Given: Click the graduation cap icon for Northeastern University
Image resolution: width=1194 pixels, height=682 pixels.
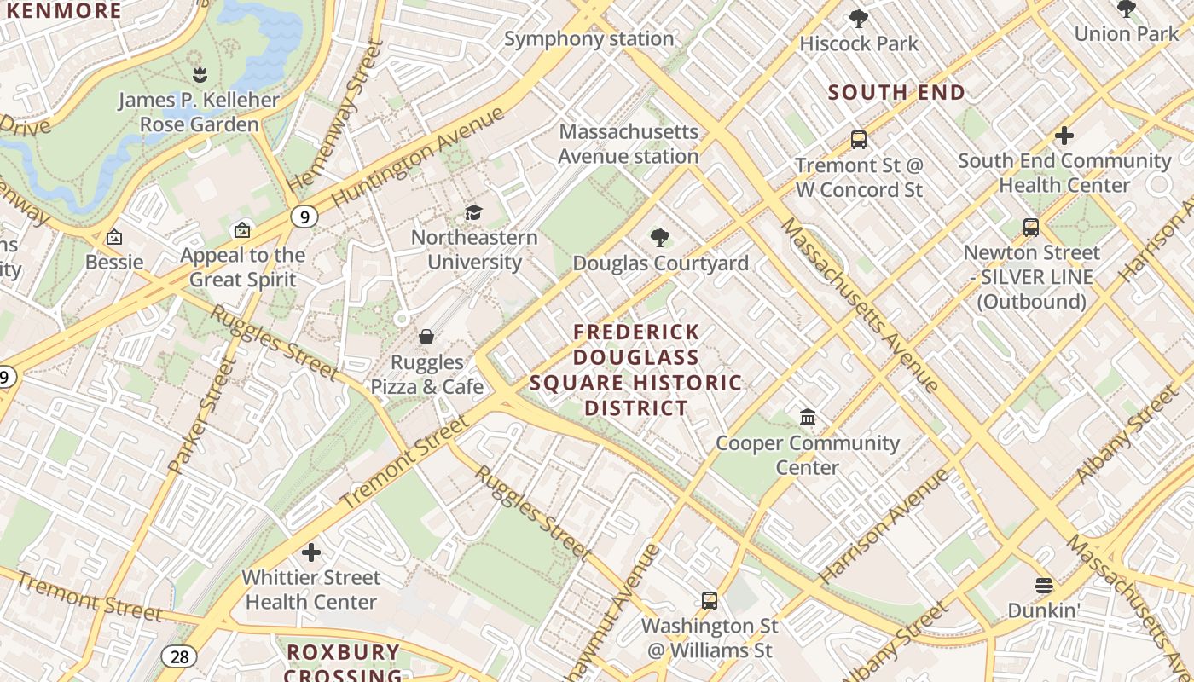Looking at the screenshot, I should [x=473, y=212].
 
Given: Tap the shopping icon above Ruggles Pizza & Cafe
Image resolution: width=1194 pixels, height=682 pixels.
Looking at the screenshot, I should [x=426, y=338].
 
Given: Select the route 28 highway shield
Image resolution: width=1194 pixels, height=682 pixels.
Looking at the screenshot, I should [x=178, y=656].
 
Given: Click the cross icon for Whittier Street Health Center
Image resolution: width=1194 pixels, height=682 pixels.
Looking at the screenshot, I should [x=311, y=552].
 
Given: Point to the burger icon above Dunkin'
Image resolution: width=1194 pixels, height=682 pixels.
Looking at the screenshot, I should [x=1043, y=586].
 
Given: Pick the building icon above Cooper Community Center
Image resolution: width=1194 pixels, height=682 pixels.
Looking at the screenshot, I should [x=808, y=418].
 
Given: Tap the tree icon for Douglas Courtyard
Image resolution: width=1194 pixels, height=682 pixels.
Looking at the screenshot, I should [x=659, y=238].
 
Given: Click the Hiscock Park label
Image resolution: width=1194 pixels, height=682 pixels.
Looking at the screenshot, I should [x=859, y=43].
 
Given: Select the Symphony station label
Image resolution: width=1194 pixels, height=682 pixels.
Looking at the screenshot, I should [x=588, y=38].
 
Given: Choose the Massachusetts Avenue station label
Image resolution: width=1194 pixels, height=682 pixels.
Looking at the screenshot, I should [x=629, y=144].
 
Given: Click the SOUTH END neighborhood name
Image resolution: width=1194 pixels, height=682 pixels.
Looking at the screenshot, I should [x=896, y=92].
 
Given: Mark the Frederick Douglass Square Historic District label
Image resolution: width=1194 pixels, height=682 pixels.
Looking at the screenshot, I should [x=635, y=370].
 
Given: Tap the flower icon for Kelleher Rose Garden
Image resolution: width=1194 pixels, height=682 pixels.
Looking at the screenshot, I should [x=199, y=74].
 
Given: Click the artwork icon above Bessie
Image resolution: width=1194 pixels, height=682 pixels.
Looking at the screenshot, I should [x=114, y=237].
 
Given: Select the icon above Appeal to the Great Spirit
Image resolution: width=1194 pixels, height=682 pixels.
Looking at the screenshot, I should [x=242, y=230].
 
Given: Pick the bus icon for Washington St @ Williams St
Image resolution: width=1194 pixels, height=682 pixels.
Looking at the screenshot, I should [x=709, y=601].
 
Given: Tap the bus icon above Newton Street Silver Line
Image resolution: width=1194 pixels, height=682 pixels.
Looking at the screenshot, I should [x=1031, y=228].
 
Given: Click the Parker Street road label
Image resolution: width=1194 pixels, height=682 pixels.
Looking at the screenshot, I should [x=201, y=417].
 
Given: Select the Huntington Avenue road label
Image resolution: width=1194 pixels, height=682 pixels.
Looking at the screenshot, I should [x=418, y=156].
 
